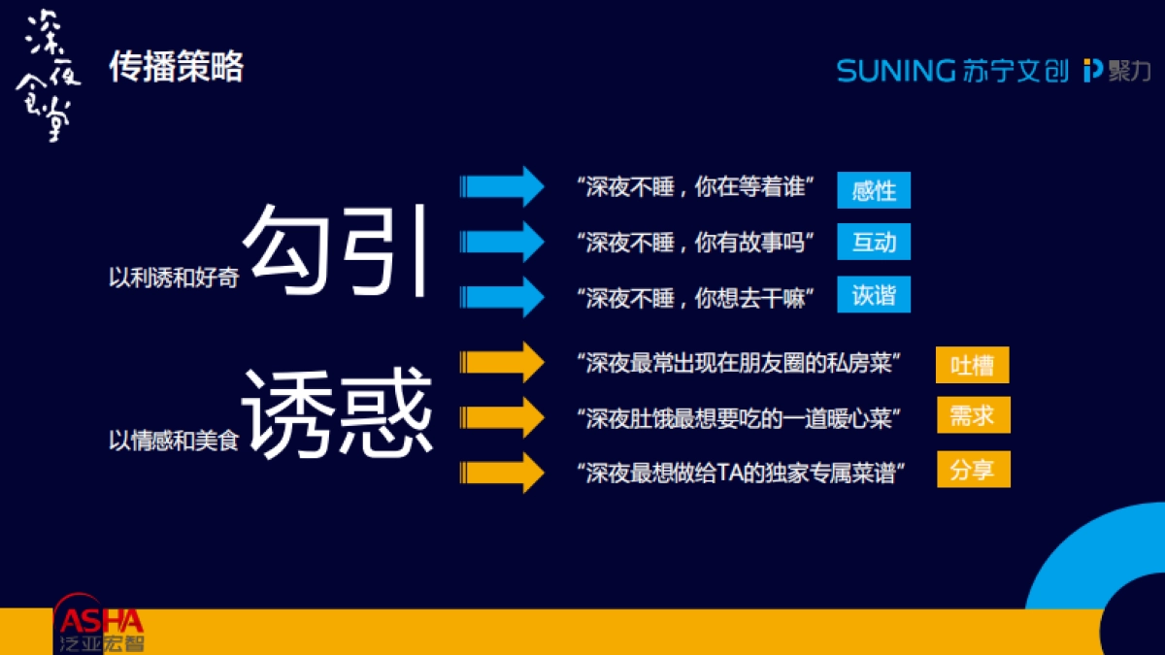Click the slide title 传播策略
(176, 68)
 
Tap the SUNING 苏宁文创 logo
(952, 71)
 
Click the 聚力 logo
(1117, 71)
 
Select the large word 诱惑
(337, 412)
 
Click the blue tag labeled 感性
(874, 190)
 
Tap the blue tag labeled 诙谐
(874, 295)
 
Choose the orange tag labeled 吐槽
(973, 365)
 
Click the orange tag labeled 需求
(973, 415)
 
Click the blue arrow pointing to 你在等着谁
(502, 186)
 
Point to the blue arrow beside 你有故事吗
(502, 241)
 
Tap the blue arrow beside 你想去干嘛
(502, 296)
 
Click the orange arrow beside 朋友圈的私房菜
(502, 362)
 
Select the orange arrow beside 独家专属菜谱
(502, 473)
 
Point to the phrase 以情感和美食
(174, 442)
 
